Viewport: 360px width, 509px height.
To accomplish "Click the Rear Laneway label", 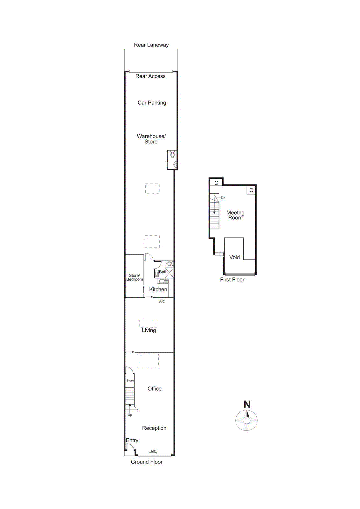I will coord(151,45).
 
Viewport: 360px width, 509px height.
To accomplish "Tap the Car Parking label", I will coord(152,103).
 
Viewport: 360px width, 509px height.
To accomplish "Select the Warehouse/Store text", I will coord(151,139).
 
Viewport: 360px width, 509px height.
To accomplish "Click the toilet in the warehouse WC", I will coord(172,155).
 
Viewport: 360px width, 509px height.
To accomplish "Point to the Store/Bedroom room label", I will coord(135,277).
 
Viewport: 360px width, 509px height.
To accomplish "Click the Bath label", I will coord(163,272).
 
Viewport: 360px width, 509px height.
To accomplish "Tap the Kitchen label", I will coord(158,289).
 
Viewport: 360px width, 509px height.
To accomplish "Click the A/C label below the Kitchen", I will coord(162,302).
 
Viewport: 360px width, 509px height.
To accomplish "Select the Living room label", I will coord(149,330).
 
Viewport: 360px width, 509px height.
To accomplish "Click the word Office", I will coord(155,389).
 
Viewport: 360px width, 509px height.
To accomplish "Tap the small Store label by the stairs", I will coord(130,380).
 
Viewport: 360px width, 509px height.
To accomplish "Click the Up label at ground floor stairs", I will coord(130,415).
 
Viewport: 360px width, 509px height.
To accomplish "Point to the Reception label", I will coord(154,428).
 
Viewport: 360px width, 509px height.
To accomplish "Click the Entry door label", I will coord(132,440).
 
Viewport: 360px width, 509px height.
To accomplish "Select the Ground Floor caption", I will coord(147,462).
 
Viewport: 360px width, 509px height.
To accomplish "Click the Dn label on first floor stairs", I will coord(223,198).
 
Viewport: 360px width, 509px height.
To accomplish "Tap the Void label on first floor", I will coord(235,257).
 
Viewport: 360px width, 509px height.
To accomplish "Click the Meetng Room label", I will coord(235,215).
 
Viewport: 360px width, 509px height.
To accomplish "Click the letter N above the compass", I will coord(247,404).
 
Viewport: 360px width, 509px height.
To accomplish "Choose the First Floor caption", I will coord(232,280).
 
